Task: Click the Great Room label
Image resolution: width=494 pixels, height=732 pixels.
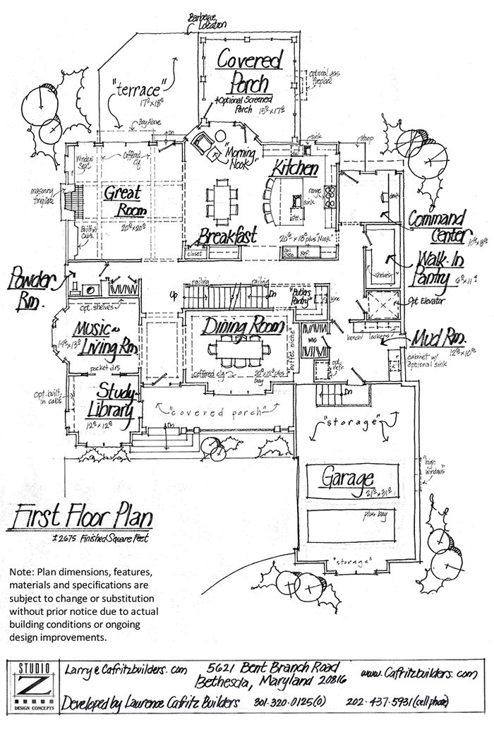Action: click(123, 200)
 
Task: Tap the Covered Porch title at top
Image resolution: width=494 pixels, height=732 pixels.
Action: click(249, 71)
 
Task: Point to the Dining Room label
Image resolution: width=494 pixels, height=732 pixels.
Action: click(243, 327)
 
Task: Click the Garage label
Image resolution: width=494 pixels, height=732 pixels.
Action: click(348, 479)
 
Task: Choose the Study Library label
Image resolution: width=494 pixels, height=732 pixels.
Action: click(107, 400)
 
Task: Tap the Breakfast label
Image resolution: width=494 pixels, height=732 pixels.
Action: click(227, 235)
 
